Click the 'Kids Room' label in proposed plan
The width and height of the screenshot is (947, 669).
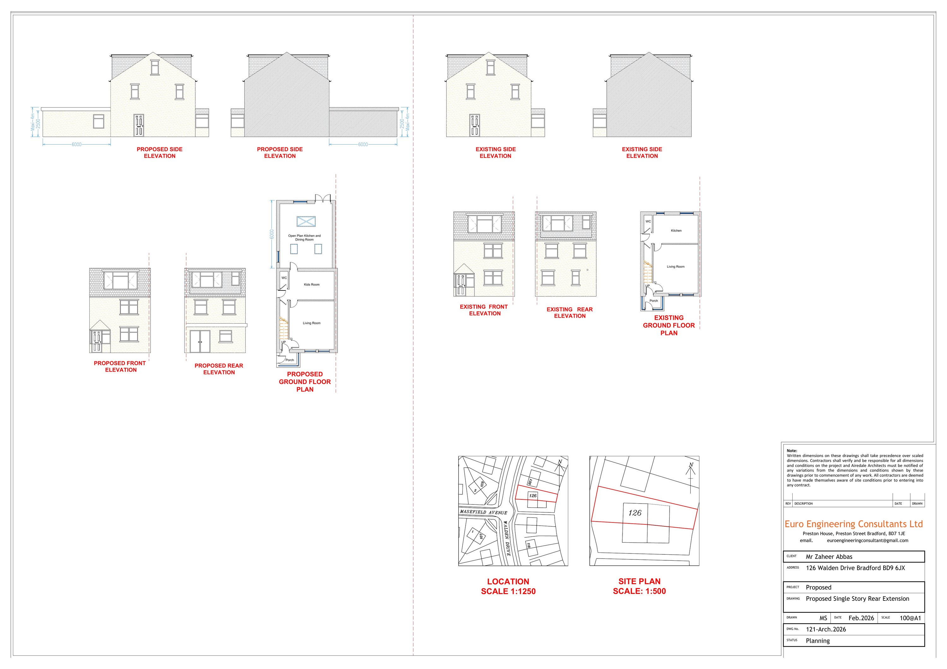pos(311,284)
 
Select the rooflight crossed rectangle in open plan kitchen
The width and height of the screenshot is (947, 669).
pos(306,222)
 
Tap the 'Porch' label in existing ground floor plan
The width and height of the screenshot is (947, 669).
pos(654,301)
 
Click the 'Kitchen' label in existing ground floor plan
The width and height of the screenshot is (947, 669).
pos(676,230)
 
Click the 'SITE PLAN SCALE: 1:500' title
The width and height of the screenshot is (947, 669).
pos(639,586)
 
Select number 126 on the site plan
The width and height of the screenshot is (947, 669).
pos(635,513)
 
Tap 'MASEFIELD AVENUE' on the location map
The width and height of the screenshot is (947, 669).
pos(483,512)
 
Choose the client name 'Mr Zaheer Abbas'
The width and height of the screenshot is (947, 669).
pos(829,556)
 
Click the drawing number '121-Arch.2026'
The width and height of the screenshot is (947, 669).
pos(826,630)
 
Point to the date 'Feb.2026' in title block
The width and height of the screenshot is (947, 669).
pos(861,618)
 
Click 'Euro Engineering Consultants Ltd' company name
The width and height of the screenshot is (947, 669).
pos(853,524)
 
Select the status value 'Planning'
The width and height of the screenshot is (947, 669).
pos(818,641)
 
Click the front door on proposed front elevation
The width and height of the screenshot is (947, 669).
pos(97,342)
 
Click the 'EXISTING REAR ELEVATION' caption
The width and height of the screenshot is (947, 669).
pos(569,313)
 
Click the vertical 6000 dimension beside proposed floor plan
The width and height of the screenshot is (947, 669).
pos(271,234)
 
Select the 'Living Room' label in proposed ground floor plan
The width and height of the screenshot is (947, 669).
pos(311,323)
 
